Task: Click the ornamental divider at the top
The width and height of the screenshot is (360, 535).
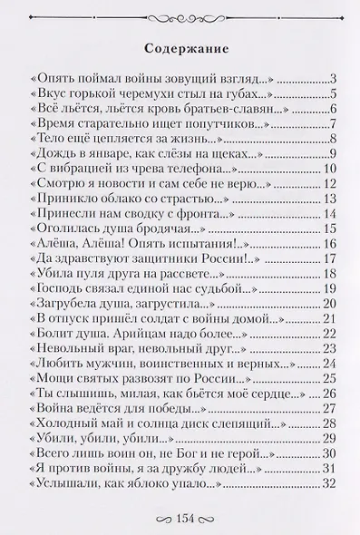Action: click(180, 15)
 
